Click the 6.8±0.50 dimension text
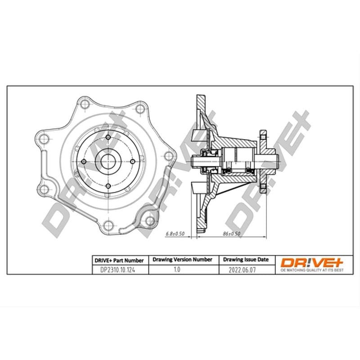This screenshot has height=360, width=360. click(x=175, y=234)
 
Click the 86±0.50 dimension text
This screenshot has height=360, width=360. click(x=231, y=234)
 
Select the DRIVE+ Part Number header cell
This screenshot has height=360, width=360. click(x=119, y=261)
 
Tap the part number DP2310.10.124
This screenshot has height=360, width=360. click(x=117, y=270)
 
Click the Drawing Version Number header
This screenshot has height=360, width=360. click(x=183, y=260)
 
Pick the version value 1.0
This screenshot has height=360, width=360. click(x=177, y=269)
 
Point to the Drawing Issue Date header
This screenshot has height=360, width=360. click(x=246, y=260)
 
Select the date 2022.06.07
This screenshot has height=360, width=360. click(x=242, y=270)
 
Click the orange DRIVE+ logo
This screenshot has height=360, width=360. click(x=312, y=262)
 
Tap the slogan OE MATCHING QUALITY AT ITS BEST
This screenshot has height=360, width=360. click(x=312, y=270)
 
